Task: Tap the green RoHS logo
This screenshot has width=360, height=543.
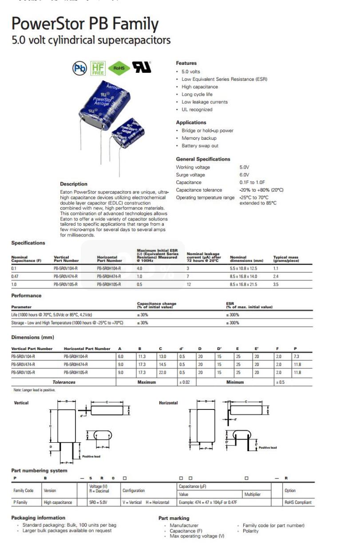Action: tap(119, 68)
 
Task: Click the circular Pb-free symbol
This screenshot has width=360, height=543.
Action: tap(80, 68)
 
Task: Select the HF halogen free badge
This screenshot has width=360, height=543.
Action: tap(98, 68)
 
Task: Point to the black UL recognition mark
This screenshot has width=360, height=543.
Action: tap(142, 67)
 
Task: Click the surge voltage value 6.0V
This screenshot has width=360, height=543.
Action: tap(245, 175)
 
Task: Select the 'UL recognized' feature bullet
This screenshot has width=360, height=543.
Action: tap(197, 110)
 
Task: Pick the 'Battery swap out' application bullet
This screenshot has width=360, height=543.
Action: tap(200, 146)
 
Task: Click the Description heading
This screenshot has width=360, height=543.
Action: tap(74, 184)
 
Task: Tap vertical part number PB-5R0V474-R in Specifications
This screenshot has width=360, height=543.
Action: tap(66, 276)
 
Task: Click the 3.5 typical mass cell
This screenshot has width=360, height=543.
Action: tap(276, 284)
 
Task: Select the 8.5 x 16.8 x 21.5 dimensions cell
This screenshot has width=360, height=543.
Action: tap(243, 284)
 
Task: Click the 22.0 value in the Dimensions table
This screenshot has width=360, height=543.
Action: tap(162, 372)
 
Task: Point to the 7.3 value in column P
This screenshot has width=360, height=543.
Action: tap(296, 356)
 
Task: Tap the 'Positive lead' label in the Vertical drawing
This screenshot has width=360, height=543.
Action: tap(91, 456)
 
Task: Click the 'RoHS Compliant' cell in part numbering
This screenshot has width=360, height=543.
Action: tap(298, 502)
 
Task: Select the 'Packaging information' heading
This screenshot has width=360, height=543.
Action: tap(38, 517)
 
